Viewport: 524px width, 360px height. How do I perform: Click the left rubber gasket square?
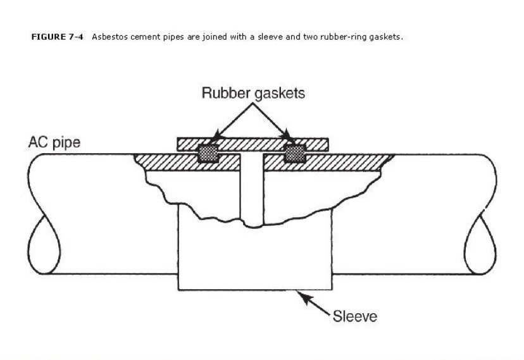(x=208, y=153)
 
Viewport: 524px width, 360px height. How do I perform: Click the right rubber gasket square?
(x=295, y=153)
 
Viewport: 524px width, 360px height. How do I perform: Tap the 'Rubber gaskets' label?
(x=253, y=93)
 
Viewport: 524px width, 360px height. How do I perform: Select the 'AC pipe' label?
(x=54, y=142)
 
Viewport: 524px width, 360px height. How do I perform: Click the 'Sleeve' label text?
(x=355, y=316)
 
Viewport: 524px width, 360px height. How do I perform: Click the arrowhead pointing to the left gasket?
(x=216, y=137)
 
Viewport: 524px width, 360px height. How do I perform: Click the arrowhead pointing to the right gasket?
(x=288, y=137)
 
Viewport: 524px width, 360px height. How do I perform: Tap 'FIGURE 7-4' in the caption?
(x=57, y=37)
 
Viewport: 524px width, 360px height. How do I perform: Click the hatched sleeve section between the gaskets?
(x=251, y=144)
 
